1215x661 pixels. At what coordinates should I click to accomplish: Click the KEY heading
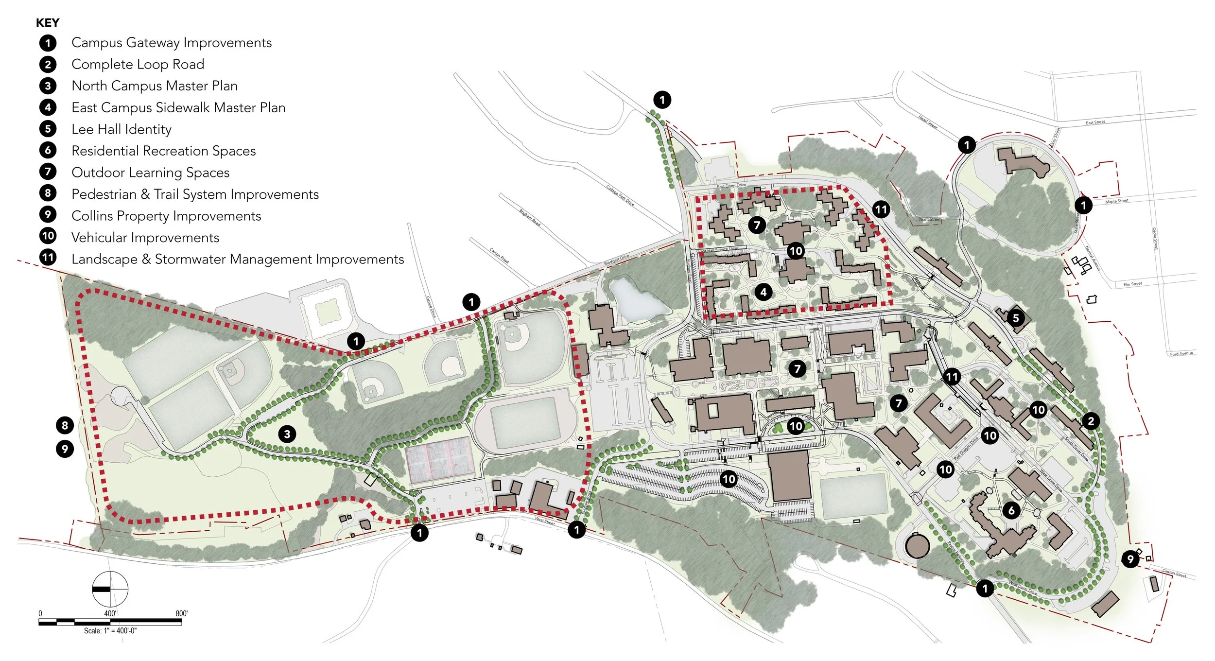[x=48, y=23]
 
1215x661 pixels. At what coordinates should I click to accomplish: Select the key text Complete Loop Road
[x=138, y=64]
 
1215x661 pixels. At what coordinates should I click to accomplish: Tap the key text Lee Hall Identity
[x=121, y=129]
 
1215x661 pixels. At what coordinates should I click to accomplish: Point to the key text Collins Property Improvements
[x=166, y=216]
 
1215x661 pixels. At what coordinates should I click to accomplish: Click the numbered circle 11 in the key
[x=48, y=257]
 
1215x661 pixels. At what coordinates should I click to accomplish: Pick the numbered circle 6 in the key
[x=48, y=150]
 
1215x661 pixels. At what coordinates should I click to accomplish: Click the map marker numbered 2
[x=1091, y=421]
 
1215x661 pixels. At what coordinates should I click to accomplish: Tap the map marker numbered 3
[x=287, y=434]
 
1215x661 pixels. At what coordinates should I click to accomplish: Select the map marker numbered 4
[x=763, y=292]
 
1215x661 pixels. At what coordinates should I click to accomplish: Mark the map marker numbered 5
[x=1015, y=318]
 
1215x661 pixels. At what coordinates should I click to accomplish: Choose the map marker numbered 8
[x=65, y=425]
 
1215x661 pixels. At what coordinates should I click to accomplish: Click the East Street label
[x=1095, y=122]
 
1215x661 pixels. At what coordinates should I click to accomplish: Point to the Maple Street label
[x=1116, y=201]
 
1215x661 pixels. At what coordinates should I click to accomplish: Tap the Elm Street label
[x=1132, y=284]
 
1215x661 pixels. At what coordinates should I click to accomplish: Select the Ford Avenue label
[x=1181, y=353]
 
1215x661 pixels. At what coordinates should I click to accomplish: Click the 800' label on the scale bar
[x=181, y=613]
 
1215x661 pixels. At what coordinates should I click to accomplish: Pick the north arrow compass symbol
[x=110, y=589]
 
